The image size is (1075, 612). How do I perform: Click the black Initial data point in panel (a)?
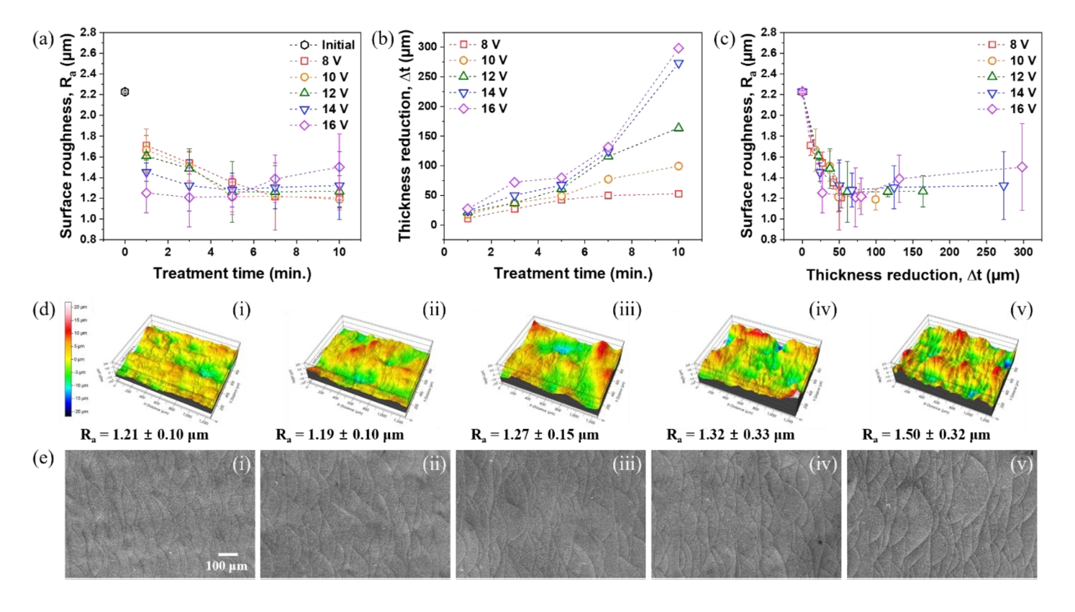tap(124, 91)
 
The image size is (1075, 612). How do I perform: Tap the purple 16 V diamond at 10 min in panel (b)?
tap(679, 48)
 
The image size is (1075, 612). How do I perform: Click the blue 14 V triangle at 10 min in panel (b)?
tap(679, 64)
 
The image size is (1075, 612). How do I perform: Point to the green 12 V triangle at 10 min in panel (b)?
tap(679, 127)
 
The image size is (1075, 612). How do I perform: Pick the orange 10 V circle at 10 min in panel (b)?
tap(679, 166)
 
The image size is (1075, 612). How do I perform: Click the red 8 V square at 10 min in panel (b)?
tap(679, 194)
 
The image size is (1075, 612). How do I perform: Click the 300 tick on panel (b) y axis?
tap(427, 47)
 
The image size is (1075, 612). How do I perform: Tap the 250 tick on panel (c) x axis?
tap(986, 252)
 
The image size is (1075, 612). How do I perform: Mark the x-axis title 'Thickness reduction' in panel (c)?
tap(912, 275)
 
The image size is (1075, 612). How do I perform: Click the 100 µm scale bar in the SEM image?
tap(227, 554)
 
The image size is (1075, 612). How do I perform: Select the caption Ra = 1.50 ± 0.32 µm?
tap(926, 435)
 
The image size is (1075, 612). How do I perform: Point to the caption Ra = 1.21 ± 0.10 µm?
tap(145, 435)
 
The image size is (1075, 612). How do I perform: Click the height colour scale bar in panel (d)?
tap(68, 359)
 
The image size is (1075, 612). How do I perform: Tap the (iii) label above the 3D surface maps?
tap(627, 310)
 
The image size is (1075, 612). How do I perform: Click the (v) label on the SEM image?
tap(1021, 464)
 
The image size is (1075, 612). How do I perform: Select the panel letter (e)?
tap(43, 458)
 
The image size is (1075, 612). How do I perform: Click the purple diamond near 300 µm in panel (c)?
tap(1022, 167)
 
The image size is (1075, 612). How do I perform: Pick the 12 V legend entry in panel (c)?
tap(1007, 76)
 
